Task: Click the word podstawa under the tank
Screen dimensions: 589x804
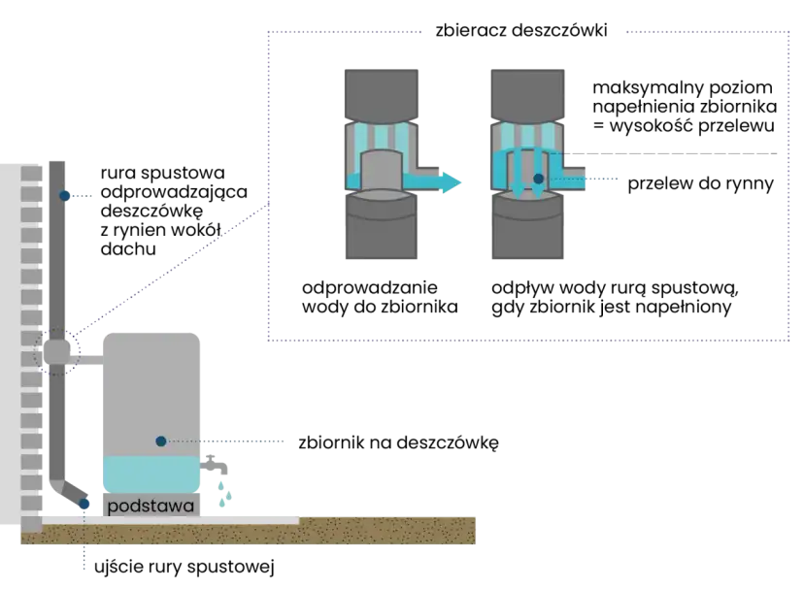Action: click(151, 507)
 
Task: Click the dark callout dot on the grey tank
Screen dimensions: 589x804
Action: click(159, 441)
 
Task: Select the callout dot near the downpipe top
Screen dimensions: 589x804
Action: click(64, 196)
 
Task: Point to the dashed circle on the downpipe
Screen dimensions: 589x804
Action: click(56, 351)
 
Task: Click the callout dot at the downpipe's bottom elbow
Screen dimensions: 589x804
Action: click(85, 505)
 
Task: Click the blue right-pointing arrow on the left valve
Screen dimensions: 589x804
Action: click(442, 181)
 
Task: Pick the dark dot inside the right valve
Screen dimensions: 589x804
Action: click(538, 180)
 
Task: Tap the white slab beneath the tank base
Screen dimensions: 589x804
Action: click(175, 520)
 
